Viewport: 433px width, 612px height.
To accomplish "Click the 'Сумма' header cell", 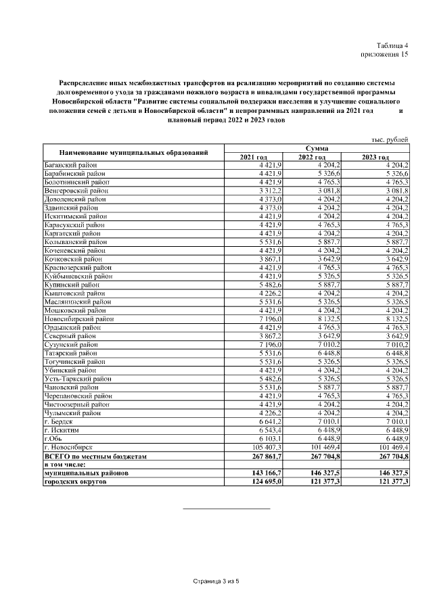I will tap(317, 148).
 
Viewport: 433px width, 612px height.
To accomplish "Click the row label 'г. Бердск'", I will tap(59, 421).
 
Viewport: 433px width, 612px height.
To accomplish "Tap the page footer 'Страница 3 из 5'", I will tap(216, 581).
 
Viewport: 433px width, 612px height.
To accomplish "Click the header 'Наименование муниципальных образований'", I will tap(133, 152).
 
